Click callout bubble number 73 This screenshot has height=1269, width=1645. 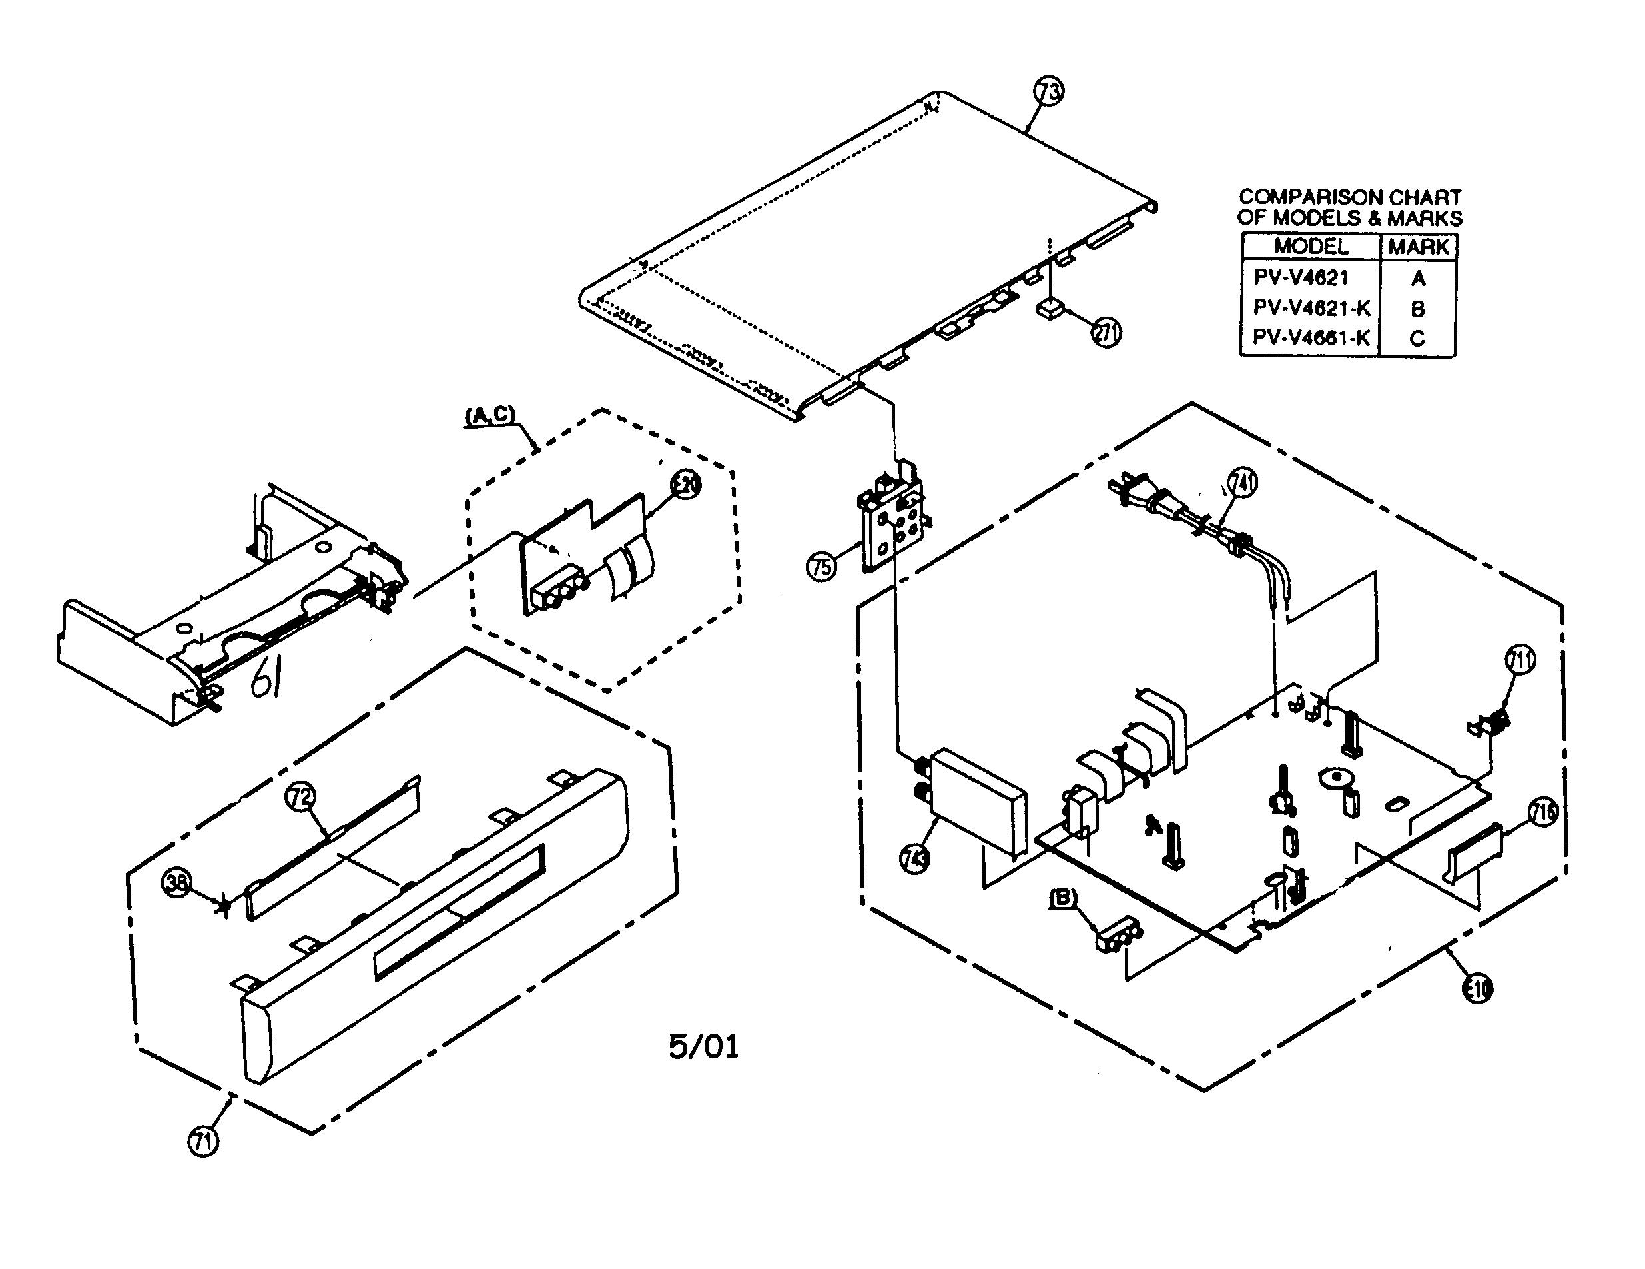pyautogui.click(x=1048, y=92)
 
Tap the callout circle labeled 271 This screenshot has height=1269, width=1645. pyautogui.click(x=1106, y=331)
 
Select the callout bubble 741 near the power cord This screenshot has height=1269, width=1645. pyautogui.click(x=1242, y=481)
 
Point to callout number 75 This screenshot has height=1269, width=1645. pyautogui.click(x=822, y=565)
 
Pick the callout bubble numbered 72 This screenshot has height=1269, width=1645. pyautogui.click(x=300, y=796)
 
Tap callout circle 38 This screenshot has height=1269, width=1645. pyautogui.click(x=177, y=882)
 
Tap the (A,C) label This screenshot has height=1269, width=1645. pyautogui.click(x=490, y=415)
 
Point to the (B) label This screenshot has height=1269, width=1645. pyautogui.click(x=1064, y=898)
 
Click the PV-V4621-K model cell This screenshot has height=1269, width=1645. pyautogui.click(x=1311, y=308)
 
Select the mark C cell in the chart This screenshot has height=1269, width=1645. pyautogui.click(x=1417, y=339)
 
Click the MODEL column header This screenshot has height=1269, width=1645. pyautogui.click(x=1311, y=247)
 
